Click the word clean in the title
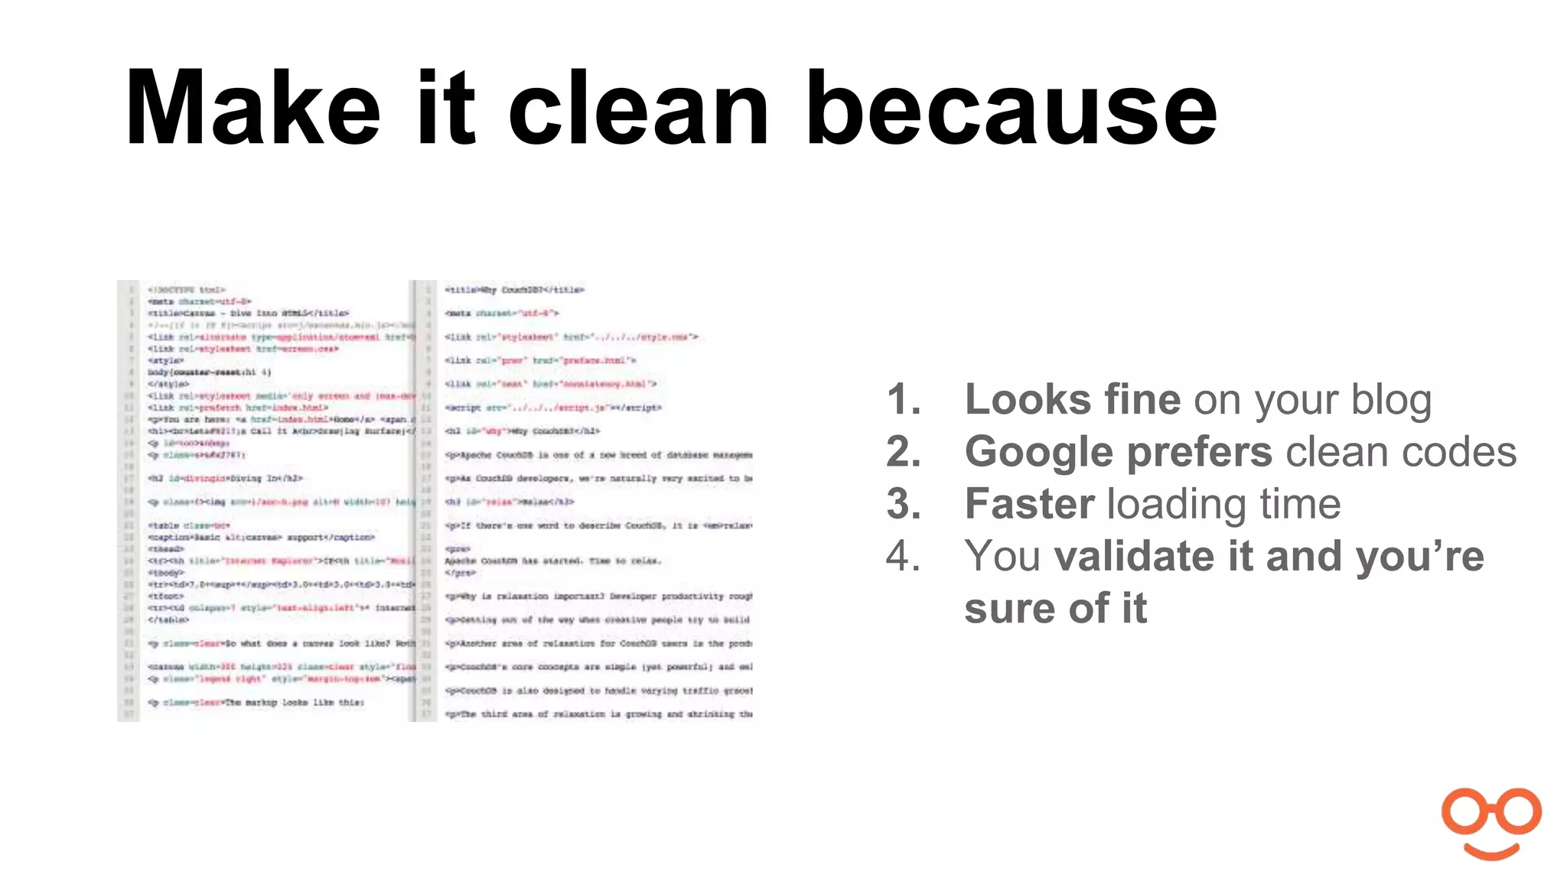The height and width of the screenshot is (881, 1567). (x=639, y=109)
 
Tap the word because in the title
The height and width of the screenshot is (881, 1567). (x=1011, y=109)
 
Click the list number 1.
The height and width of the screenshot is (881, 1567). (x=903, y=400)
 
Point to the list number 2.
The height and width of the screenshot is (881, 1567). (x=903, y=452)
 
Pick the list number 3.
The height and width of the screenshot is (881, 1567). (x=903, y=504)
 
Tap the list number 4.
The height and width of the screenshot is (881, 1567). (x=903, y=556)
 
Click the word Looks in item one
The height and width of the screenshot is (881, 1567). (x=1018, y=400)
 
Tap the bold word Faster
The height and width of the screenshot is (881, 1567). (x=1029, y=504)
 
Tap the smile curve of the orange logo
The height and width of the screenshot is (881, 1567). (x=1491, y=850)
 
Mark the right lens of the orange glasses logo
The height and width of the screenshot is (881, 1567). (x=1518, y=812)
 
